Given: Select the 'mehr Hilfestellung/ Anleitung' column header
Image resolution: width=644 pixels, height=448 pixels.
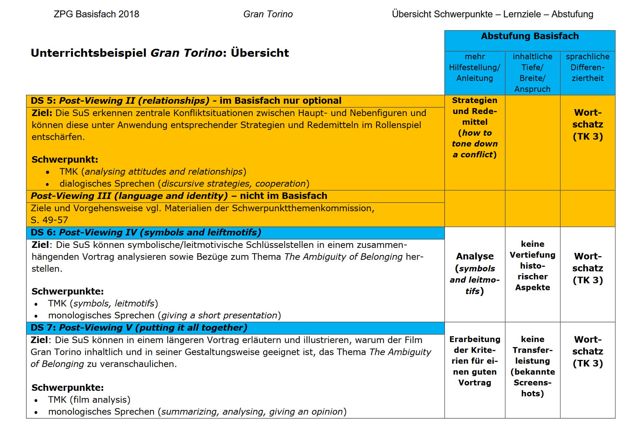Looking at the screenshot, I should tap(474, 68).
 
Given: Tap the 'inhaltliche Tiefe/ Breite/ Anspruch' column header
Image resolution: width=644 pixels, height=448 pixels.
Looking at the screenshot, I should tap(532, 73).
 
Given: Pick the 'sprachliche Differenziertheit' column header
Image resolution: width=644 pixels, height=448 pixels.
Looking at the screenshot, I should tap(587, 68).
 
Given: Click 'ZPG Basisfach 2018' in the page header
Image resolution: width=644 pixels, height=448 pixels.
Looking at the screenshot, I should tap(96, 14).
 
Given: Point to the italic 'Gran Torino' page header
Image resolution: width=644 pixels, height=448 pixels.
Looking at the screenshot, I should tap(268, 14).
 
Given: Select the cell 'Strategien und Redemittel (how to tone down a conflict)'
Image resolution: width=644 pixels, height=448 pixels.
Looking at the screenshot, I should tap(474, 127).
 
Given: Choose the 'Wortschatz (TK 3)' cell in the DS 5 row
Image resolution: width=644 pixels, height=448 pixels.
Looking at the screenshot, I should tap(587, 124).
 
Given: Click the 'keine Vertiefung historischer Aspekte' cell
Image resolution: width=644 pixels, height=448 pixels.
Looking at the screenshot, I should tap(532, 266).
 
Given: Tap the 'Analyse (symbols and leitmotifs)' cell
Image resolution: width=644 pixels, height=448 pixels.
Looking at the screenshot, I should tap(474, 274).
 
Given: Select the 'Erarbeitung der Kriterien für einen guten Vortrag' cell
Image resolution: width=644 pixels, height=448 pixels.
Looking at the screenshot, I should tap(474, 361).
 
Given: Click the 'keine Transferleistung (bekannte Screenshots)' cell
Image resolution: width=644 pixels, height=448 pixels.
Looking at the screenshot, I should tap(532, 366).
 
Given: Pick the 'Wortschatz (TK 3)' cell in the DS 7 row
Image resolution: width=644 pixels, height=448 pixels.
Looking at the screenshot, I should tap(587, 352).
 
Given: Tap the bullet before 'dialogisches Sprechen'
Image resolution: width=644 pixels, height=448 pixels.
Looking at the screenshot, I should tap(48, 184).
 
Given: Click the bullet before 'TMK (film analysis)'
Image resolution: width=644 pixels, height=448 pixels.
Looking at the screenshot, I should tap(36, 400).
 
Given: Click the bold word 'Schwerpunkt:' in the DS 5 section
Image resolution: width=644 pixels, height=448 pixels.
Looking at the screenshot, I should tap(65, 160).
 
